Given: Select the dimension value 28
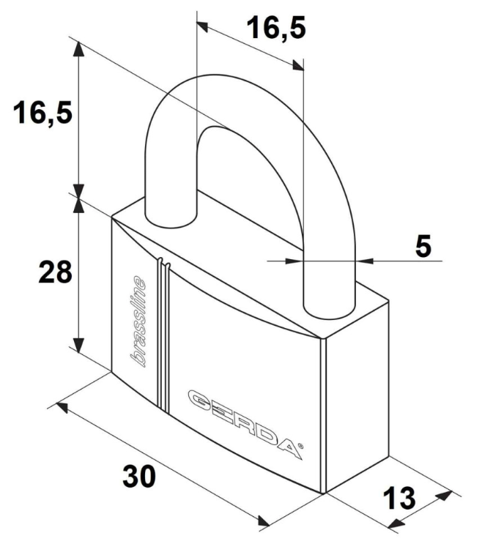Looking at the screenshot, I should click(55, 272).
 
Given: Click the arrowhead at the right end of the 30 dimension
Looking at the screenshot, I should click(265, 521).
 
